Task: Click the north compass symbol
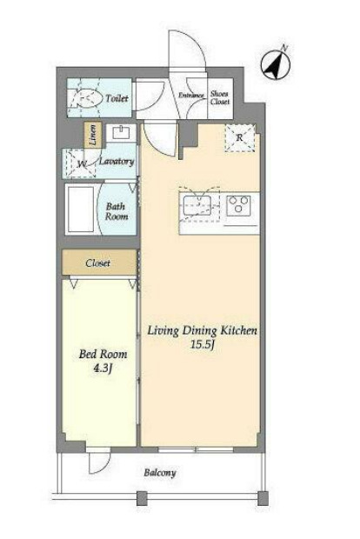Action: (276, 63)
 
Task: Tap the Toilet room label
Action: (117, 98)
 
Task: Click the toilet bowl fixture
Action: (88, 98)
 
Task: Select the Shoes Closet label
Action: (220, 97)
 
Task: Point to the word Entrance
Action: (191, 96)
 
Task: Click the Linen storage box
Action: (93, 135)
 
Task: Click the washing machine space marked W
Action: (81, 163)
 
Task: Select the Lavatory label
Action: (117, 161)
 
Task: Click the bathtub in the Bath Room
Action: (81, 210)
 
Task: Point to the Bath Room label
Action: (117, 211)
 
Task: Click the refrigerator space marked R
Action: (240, 137)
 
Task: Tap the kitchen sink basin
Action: (197, 205)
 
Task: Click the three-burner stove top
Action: (238, 205)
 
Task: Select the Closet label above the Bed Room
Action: (98, 263)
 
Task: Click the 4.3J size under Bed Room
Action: (103, 368)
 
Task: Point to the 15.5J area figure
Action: (203, 344)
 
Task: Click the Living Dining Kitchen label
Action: (203, 330)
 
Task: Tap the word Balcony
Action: (160, 473)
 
